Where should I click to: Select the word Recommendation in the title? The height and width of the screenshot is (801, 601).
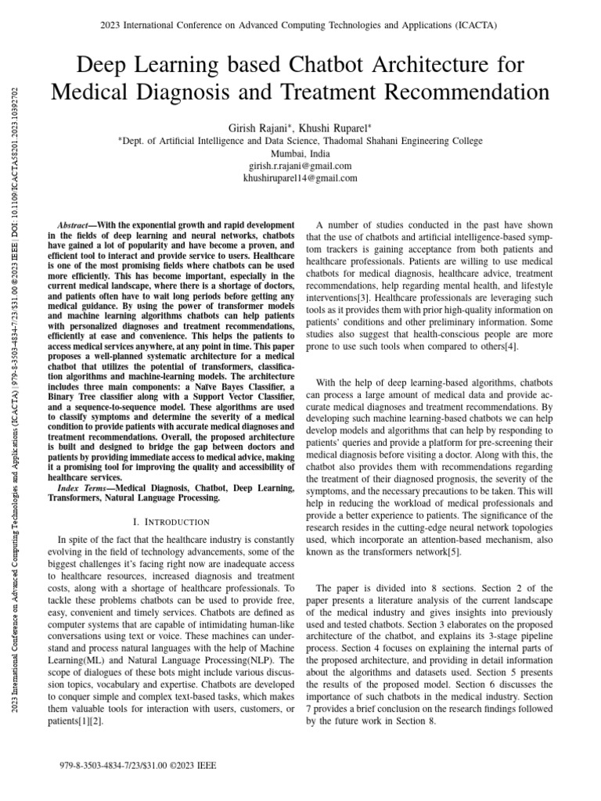[451, 92]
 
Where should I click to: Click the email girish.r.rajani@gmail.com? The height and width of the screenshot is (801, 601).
[300, 166]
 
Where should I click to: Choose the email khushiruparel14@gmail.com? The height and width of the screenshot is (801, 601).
[300, 178]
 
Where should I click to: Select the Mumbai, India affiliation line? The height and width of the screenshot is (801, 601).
[300, 153]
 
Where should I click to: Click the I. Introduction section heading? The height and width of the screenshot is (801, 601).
[171, 522]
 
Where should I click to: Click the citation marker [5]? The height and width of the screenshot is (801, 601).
[453, 552]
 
